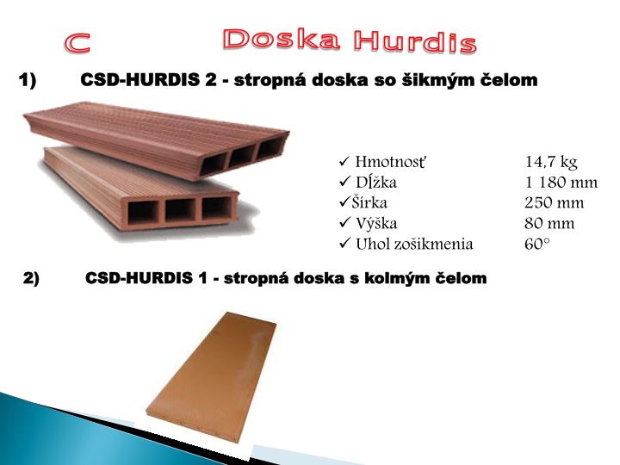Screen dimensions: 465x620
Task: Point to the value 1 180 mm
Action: click(x=561, y=183)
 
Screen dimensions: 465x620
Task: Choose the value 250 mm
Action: click(x=554, y=203)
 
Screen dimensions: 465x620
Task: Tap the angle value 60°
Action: click(x=536, y=245)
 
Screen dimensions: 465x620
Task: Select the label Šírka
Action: click(x=369, y=203)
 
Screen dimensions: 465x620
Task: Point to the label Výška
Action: click(x=376, y=224)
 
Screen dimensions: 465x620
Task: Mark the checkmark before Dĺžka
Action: click(x=344, y=183)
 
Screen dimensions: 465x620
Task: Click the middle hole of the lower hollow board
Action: click(x=181, y=209)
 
